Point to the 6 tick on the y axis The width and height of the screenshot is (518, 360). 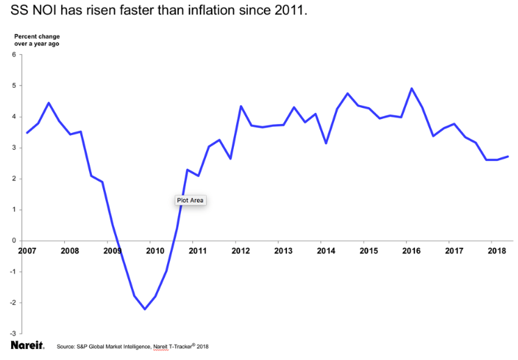pos(14,54)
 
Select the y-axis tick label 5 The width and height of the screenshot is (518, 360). pos(14,86)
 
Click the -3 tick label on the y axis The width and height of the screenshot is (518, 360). pos(13,334)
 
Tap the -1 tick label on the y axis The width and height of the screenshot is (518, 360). pos(13,272)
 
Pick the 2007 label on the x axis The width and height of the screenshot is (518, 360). pos(26,251)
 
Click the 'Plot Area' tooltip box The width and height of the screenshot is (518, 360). pos(190,201)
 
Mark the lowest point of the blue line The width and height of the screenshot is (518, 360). pos(145,308)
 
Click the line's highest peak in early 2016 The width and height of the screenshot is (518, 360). pos(411,88)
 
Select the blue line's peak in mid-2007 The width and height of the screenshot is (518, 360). pos(48,103)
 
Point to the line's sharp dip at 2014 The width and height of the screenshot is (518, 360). pos(326,143)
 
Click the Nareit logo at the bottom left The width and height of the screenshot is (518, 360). pos(27,345)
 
